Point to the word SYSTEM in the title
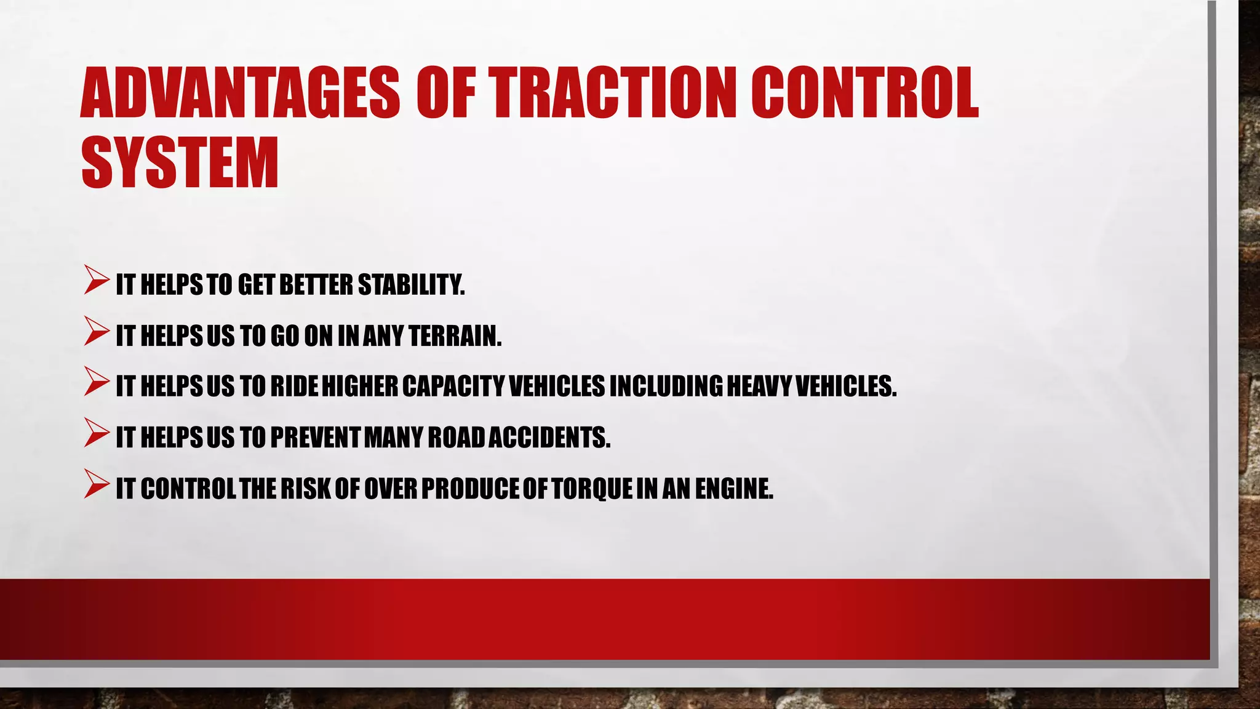pyautogui.click(x=180, y=162)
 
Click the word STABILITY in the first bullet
pyautogui.click(x=411, y=285)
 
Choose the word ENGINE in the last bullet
pyautogui.click(x=734, y=489)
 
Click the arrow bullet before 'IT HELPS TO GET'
pyautogui.click(x=97, y=280)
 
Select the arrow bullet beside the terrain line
pyautogui.click(x=97, y=331)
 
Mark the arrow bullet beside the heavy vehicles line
pyautogui.click(x=97, y=382)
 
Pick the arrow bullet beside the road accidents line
pyautogui.click(x=97, y=433)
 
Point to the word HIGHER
pyautogui.click(x=360, y=387)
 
